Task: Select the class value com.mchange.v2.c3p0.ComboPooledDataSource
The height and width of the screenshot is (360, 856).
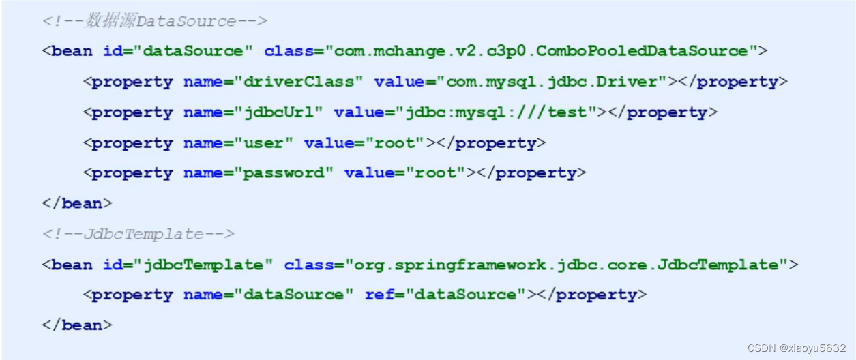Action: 542,51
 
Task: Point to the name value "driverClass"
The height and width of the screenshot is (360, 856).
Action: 298,82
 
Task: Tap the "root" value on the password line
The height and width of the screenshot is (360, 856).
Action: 435,173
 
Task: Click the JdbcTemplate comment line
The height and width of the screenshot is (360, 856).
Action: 138,234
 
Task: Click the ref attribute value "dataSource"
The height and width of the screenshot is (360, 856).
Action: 465,295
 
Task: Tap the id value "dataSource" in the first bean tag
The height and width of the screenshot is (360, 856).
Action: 192,51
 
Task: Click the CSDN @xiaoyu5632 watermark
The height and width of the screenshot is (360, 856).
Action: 796,348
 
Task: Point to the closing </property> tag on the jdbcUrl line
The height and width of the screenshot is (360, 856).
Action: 657,112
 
